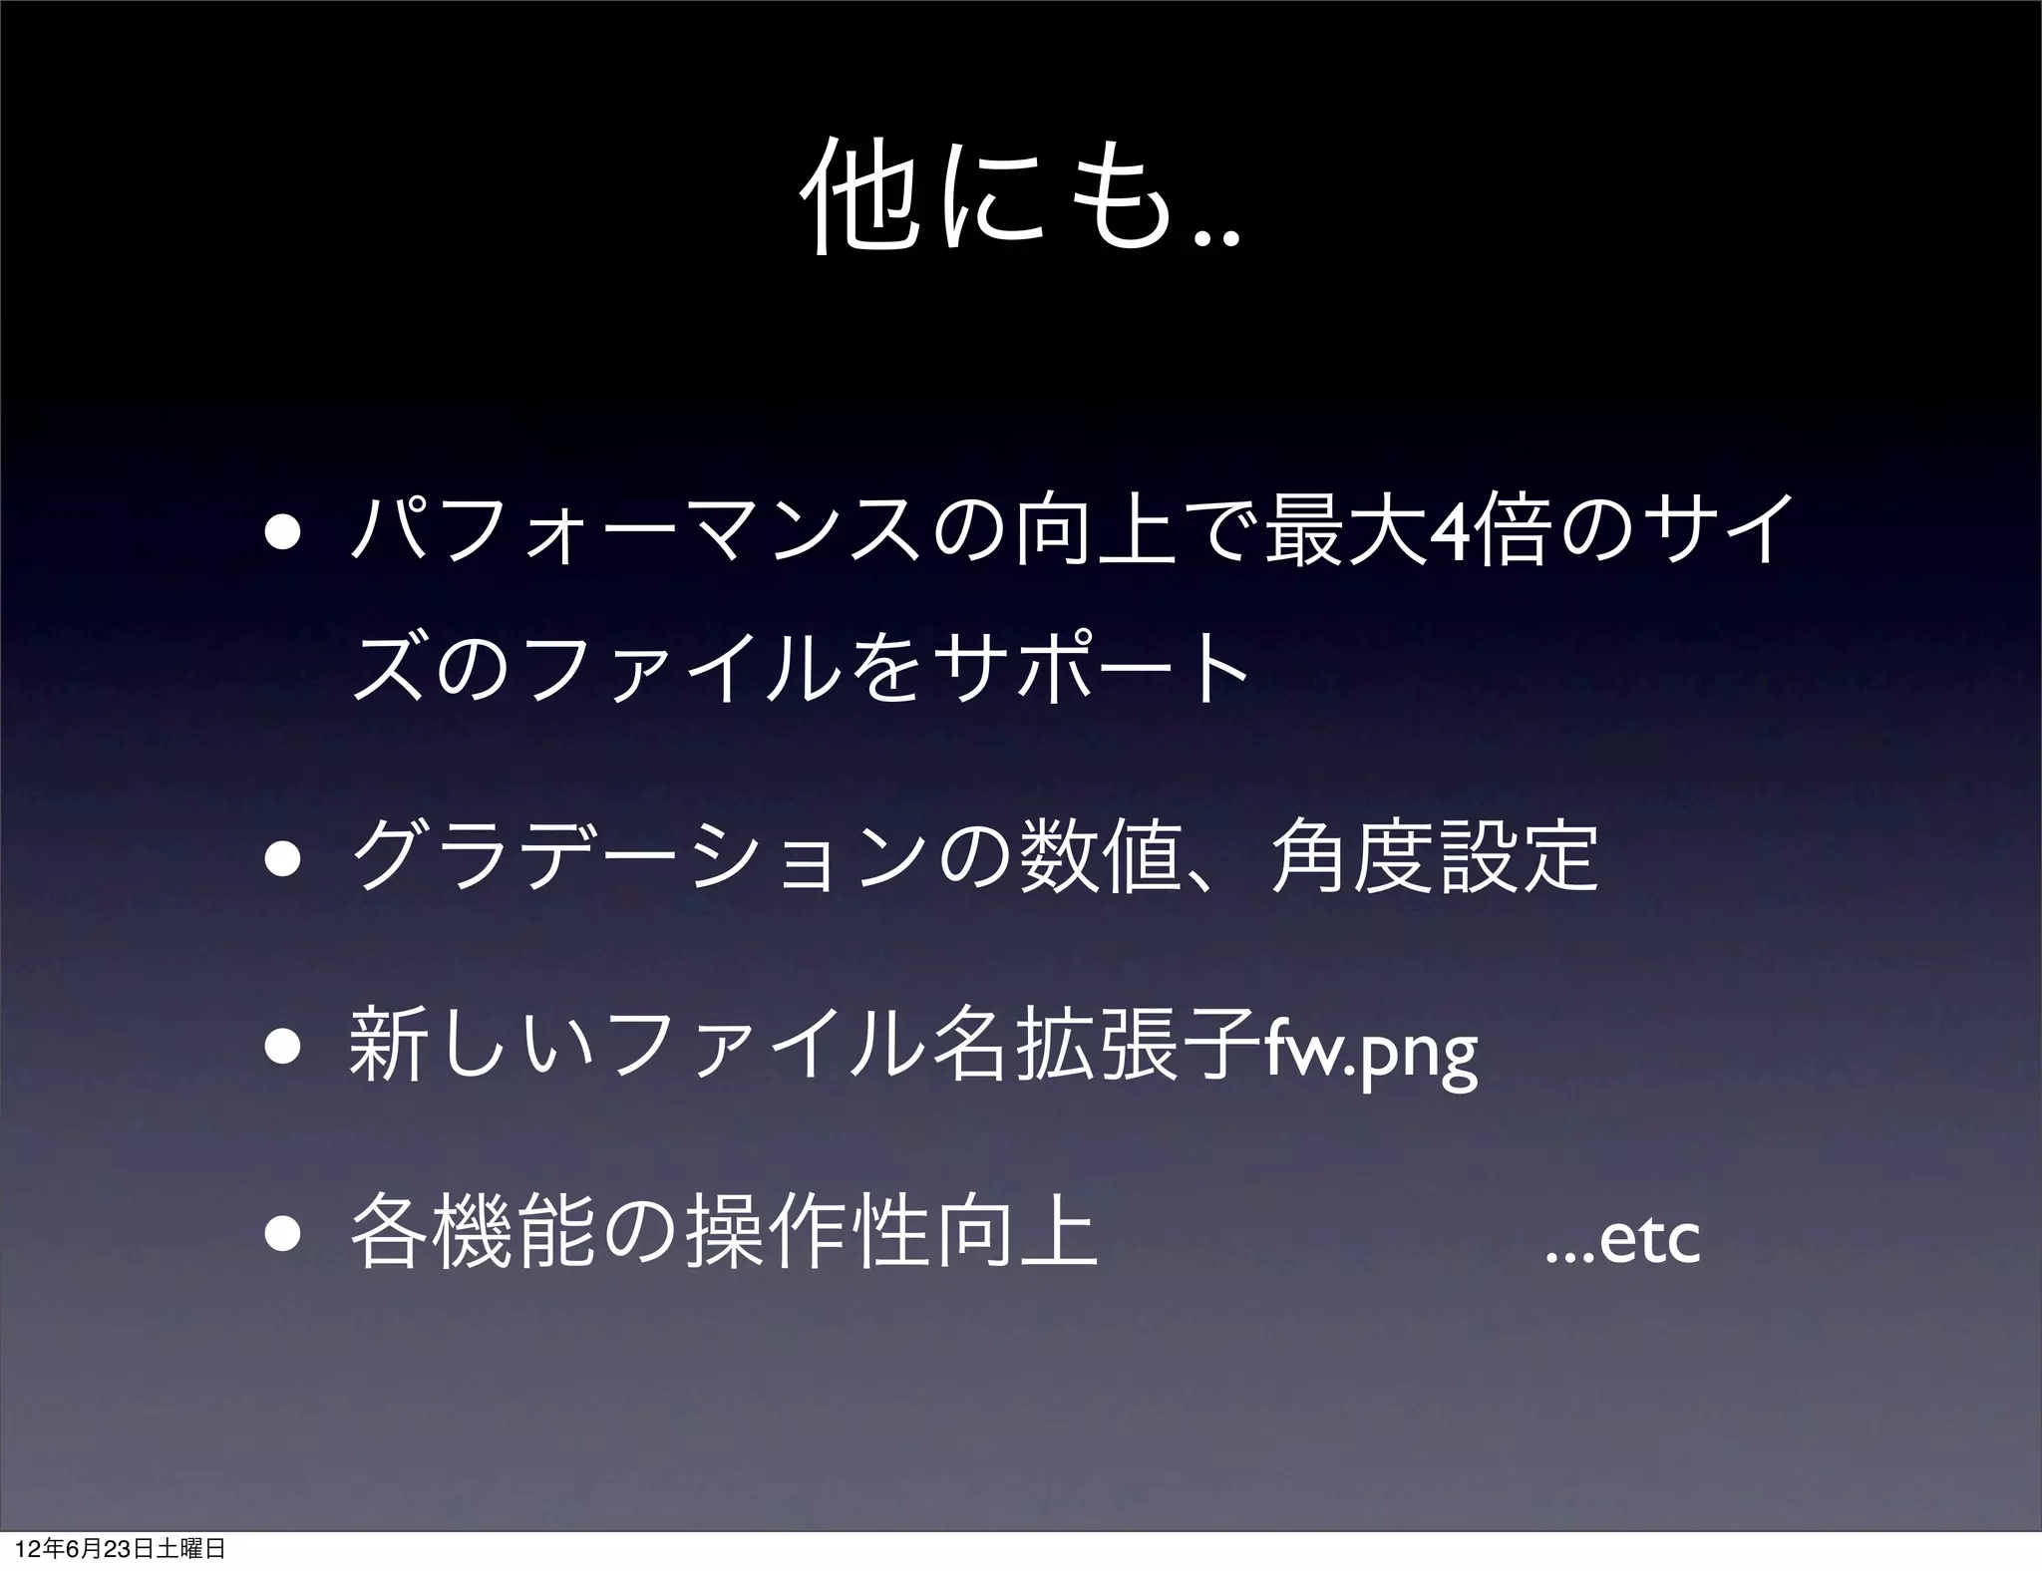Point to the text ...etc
pyautogui.click(x=1621, y=1242)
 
